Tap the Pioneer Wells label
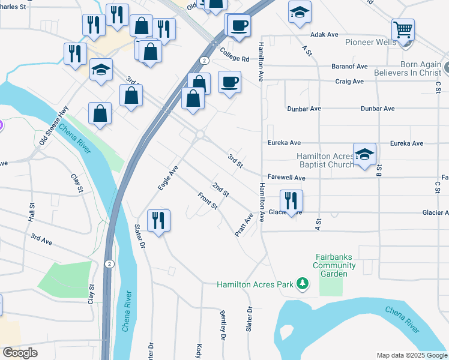click(370, 43)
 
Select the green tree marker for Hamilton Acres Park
click(304, 283)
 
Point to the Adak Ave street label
click(325, 35)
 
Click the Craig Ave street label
click(349, 82)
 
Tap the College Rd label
click(234, 55)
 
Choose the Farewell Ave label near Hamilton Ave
click(286, 178)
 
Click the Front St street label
click(208, 201)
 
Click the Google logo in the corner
click(20, 353)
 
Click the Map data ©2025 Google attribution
click(411, 355)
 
